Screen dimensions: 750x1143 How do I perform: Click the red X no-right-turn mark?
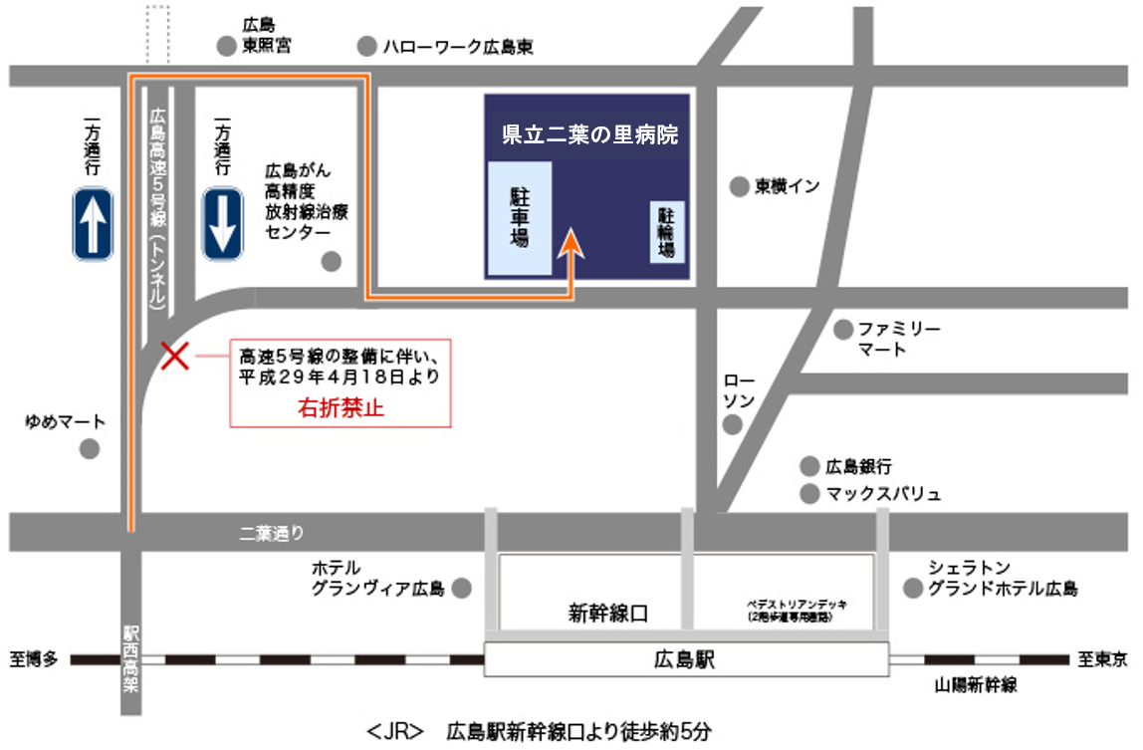tap(176, 356)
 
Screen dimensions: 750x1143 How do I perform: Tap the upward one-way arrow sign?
tap(93, 224)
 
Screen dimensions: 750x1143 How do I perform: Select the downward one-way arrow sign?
tap(222, 224)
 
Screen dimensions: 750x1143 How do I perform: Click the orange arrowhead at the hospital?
tap(572, 244)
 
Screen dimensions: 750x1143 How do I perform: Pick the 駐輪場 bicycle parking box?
tap(668, 231)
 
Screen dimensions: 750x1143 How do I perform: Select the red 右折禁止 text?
tap(342, 406)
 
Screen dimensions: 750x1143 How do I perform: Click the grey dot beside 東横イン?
tap(739, 186)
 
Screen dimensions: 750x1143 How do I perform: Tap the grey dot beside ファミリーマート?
tap(843, 329)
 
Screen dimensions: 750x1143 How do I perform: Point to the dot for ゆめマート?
tap(90, 449)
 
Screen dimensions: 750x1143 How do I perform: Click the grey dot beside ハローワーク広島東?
tap(367, 46)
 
